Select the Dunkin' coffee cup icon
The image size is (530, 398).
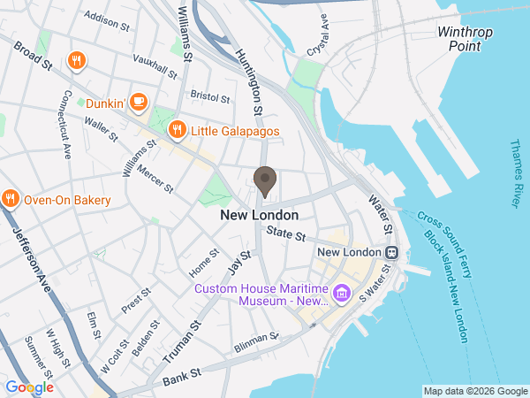click(138, 103)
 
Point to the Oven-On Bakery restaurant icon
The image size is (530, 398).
click(11, 200)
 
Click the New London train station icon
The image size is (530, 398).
click(390, 252)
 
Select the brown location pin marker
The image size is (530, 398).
click(264, 180)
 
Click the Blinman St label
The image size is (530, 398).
click(256, 341)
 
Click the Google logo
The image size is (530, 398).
click(29, 387)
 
